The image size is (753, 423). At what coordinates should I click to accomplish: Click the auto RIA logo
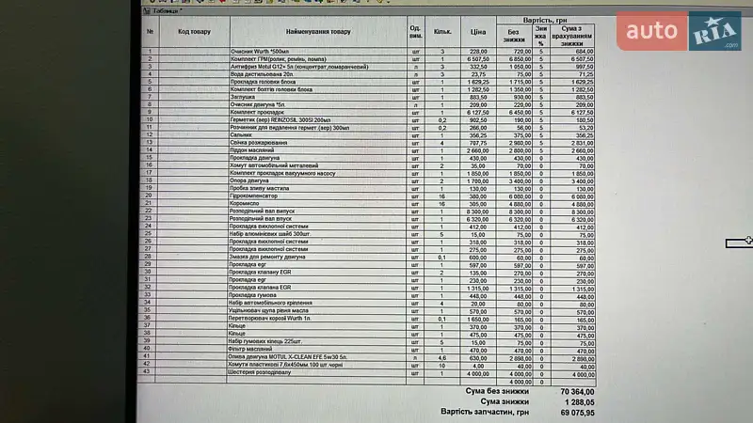click(x=680, y=31)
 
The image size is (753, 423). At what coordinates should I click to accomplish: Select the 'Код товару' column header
click(x=194, y=32)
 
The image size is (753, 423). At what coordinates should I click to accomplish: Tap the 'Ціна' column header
click(x=478, y=32)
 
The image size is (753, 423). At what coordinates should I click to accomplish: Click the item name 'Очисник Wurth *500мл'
click(x=259, y=51)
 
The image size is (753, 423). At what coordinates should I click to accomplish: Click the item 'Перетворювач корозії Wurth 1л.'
click(x=279, y=319)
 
